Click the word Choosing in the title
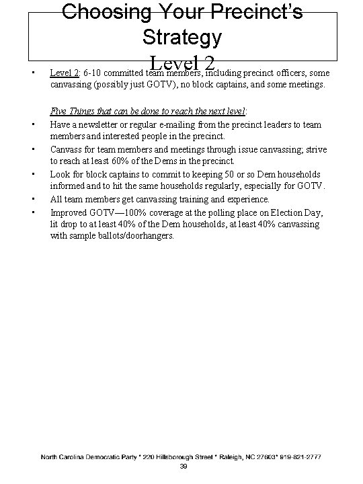click(107, 11)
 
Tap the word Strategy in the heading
click(182, 37)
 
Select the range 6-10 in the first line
click(93, 73)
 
